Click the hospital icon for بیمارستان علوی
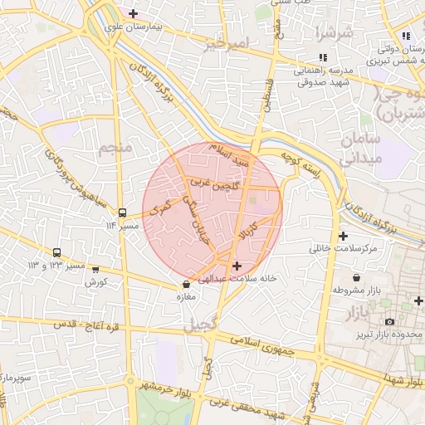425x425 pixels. (133, 14)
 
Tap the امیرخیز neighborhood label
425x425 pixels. (225, 42)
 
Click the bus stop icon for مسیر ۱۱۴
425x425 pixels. (123, 212)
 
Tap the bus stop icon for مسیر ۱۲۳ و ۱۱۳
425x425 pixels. (57, 252)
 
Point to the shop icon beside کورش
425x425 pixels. (95, 270)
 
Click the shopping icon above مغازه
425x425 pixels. (186, 284)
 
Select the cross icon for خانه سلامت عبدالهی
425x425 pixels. (238, 266)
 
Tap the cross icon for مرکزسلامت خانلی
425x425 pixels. (343, 236)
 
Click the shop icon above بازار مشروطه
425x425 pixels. (356, 277)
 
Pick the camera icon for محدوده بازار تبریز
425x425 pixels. (389, 321)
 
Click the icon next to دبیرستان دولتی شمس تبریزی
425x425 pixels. (406, 36)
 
